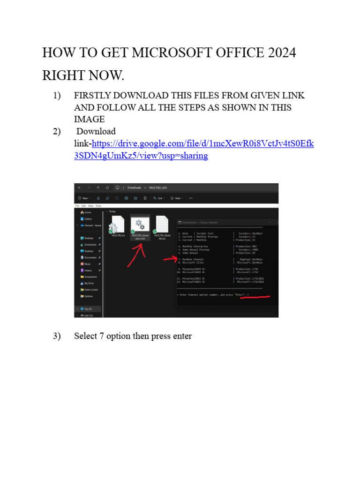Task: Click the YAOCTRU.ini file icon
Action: pyautogui.click(x=117, y=225)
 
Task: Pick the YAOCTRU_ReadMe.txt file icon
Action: pyautogui.click(x=162, y=225)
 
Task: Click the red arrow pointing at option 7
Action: pyautogui.click(x=169, y=259)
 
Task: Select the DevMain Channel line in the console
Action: pyautogui.click(x=192, y=259)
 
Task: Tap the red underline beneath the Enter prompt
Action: pyautogui.click(x=255, y=297)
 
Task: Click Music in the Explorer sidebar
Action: pyautogui.click(x=87, y=264)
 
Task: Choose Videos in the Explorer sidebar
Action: pyautogui.click(x=88, y=270)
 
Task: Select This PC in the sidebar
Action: pyautogui.click(x=88, y=309)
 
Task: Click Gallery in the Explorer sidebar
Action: pyautogui.click(x=88, y=219)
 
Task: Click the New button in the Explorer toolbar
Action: pyautogui.click(x=84, y=198)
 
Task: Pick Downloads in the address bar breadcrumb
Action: pyautogui.click(x=134, y=187)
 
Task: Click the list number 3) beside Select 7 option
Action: pyautogui.click(x=57, y=336)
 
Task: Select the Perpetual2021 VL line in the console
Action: pyautogui.click(x=192, y=278)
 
